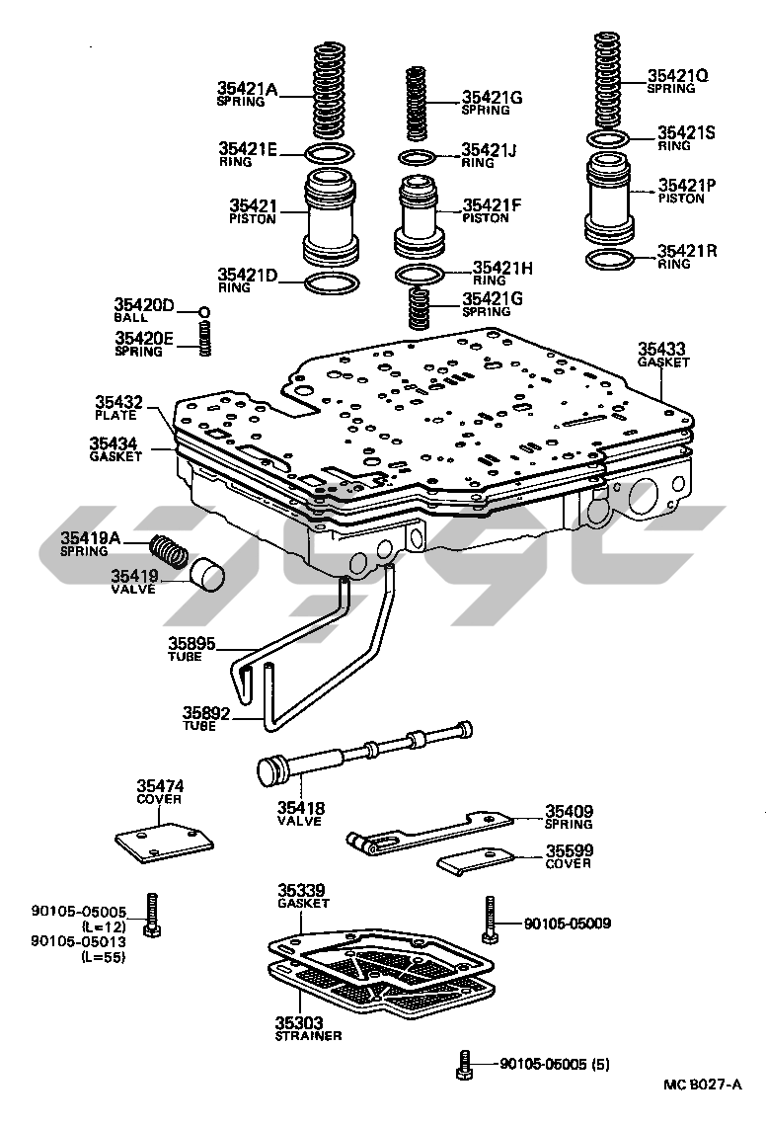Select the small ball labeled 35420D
[x=203, y=313]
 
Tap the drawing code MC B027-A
[x=702, y=1084]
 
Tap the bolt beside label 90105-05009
[x=491, y=919]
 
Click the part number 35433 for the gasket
[x=660, y=349]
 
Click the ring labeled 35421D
[x=331, y=283]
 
